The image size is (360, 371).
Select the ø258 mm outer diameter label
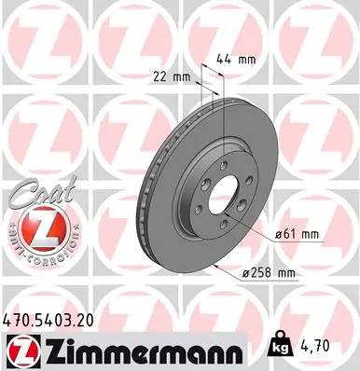[x=268, y=272]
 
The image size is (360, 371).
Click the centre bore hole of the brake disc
[x=223, y=194]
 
